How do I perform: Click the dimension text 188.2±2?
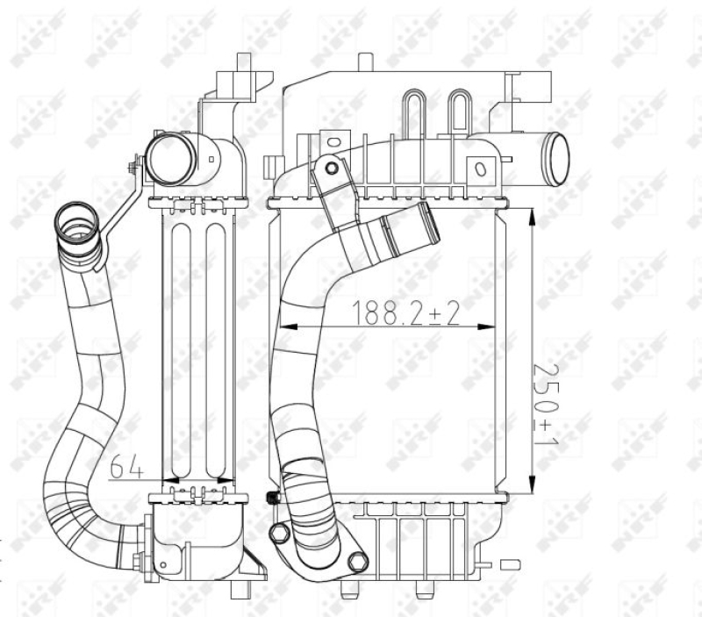click(x=405, y=312)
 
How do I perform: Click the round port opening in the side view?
click(x=167, y=159)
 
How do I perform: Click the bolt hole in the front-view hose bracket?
click(x=331, y=169)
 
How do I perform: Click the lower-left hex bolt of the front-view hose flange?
click(x=279, y=533)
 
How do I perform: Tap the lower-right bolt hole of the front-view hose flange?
click(x=356, y=561)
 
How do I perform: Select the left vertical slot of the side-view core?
click(x=180, y=351)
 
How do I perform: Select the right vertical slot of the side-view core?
click(x=213, y=351)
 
